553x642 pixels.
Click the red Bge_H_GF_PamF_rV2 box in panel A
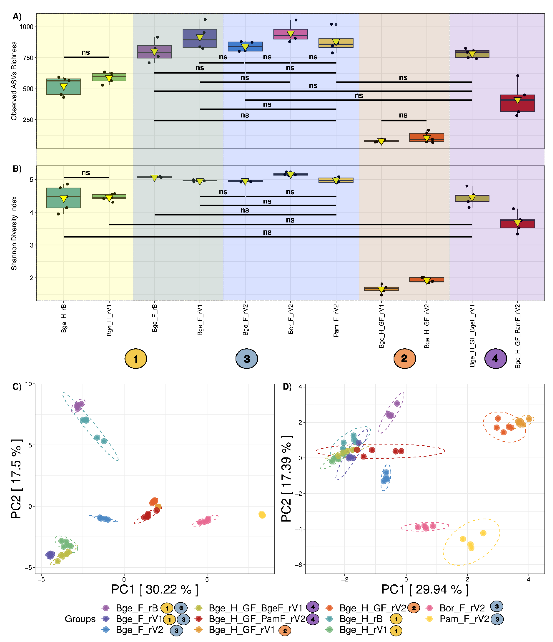517,103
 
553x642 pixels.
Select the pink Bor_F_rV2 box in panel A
290,34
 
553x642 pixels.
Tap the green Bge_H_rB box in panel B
64,198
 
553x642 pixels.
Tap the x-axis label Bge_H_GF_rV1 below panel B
381,326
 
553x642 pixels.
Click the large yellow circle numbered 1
136,359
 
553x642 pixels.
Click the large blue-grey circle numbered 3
247,359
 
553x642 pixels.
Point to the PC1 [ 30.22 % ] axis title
155,589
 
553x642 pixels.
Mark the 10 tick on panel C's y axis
29,384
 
